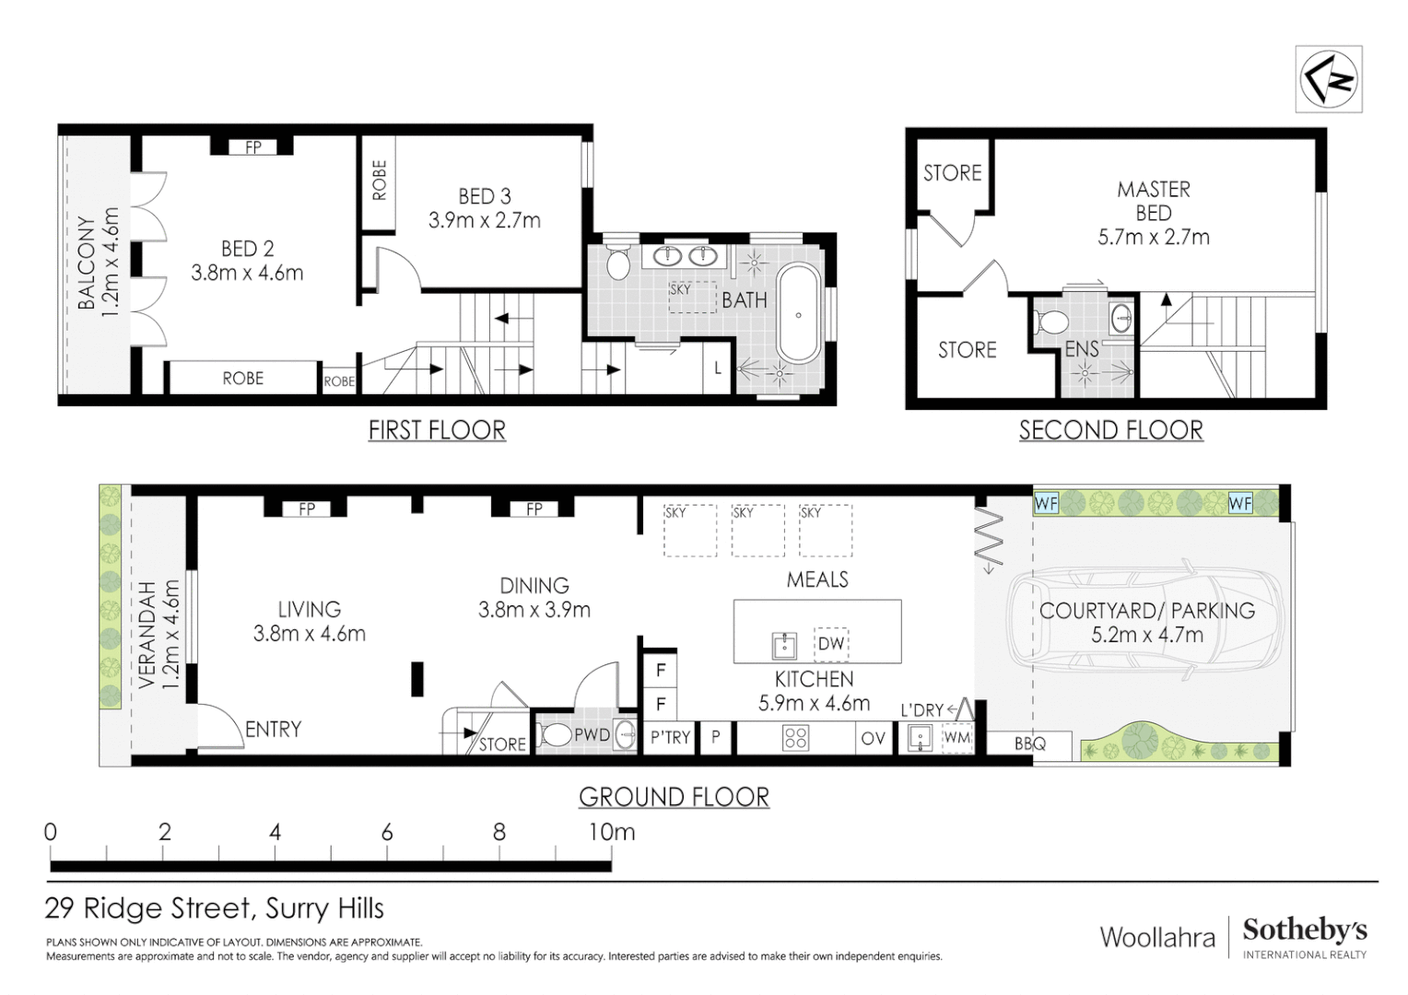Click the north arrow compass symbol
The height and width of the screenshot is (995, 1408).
click(1328, 80)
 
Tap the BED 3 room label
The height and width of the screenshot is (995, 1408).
click(485, 197)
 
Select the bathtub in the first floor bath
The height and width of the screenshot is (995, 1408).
click(798, 314)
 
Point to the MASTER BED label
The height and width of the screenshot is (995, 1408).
click(1154, 201)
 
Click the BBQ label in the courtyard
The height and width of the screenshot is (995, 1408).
click(1029, 744)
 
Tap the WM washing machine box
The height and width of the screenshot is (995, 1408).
click(957, 737)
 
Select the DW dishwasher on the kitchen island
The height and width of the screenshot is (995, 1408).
click(831, 644)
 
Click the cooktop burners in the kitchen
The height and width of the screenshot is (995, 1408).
click(796, 739)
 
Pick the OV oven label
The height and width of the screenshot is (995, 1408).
click(873, 739)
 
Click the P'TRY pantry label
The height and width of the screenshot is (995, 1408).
click(670, 737)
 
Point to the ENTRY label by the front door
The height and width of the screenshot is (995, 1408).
click(273, 729)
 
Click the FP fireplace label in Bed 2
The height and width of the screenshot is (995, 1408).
click(252, 147)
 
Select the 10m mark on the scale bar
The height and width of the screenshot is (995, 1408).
click(612, 832)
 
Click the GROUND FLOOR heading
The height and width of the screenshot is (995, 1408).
click(674, 797)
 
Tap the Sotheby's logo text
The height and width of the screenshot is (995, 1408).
click(1305, 931)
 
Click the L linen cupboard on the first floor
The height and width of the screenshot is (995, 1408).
click(717, 369)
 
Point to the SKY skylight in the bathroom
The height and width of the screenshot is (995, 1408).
click(692, 297)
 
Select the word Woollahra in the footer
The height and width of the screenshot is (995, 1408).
click(1157, 938)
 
